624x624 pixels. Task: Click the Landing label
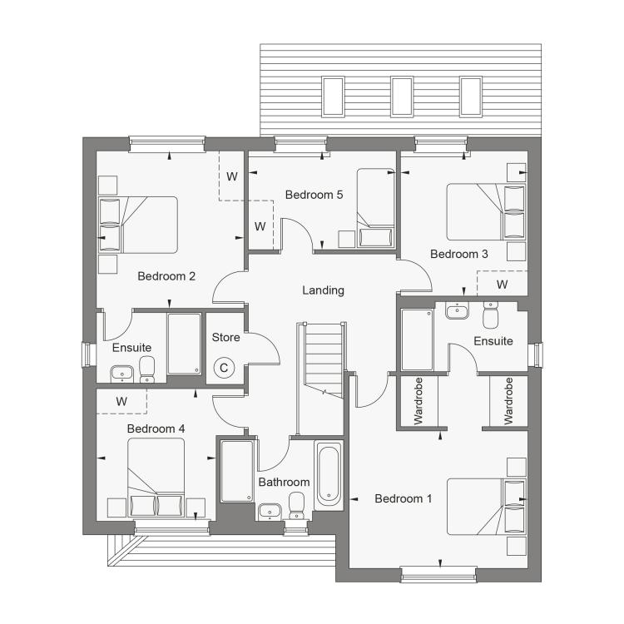click(x=323, y=290)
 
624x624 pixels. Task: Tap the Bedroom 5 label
click(x=314, y=195)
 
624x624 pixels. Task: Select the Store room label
click(x=225, y=338)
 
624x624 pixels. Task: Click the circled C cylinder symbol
click(x=224, y=368)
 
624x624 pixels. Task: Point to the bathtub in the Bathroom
click(x=329, y=475)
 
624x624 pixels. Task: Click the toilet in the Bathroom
click(x=296, y=505)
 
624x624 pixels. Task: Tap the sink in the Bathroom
click(x=270, y=512)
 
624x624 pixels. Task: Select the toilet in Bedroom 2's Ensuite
click(x=147, y=369)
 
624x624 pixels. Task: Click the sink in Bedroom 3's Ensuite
click(x=458, y=310)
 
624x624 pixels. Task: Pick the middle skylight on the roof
click(x=402, y=97)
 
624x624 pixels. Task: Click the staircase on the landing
click(x=321, y=359)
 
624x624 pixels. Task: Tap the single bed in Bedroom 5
click(x=376, y=208)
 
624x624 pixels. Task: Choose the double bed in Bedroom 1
click(x=487, y=506)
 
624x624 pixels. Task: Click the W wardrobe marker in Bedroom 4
click(x=121, y=401)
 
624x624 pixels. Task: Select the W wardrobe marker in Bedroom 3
click(x=503, y=285)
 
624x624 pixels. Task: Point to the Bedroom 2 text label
click(x=166, y=276)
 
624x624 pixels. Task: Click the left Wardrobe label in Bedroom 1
click(x=418, y=401)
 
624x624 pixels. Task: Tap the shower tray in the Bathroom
click(x=237, y=471)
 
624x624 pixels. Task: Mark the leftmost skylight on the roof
click(x=333, y=97)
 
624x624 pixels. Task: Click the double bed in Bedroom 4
click(x=156, y=478)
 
